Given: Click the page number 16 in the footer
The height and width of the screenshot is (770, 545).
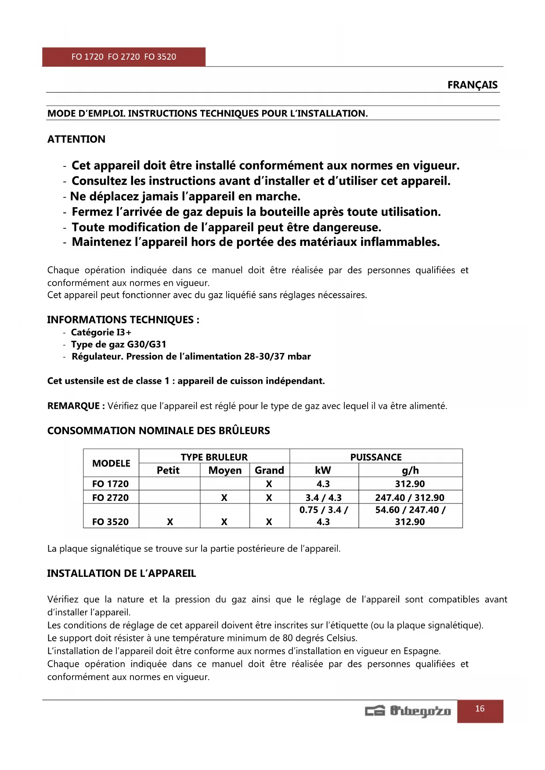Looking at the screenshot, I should pyautogui.click(x=480, y=709).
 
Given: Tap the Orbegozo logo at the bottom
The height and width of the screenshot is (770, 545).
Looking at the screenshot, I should pyautogui.click(x=408, y=711).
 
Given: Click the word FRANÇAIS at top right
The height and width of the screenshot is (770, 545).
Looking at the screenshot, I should pyautogui.click(x=473, y=85).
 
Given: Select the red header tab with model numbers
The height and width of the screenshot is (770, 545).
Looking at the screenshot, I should pyautogui.click(x=124, y=57).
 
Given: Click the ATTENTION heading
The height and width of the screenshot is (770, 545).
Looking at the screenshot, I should pyautogui.click(x=76, y=139).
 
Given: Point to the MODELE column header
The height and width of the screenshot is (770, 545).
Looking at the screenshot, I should pyautogui.click(x=111, y=464).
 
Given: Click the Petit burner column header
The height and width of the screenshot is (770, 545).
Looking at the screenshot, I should pyautogui.click(x=168, y=471).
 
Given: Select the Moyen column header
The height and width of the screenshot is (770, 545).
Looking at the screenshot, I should pyautogui.click(x=225, y=471).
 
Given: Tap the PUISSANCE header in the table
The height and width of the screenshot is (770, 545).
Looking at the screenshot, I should pyautogui.click(x=376, y=457).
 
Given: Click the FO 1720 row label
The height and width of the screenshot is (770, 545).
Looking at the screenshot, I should pyautogui.click(x=110, y=484).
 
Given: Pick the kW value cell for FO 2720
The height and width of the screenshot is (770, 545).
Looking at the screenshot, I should pyautogui.click(x=324, y=497).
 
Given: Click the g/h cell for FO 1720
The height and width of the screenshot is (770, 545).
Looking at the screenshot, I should pyautogui.click(x=410, y=484).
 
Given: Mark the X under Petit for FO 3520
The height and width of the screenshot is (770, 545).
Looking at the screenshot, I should pyautogui.click(x=170, y=522).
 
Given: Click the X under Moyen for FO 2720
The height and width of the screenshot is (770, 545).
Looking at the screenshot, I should pyautogui.click(x=224, y=497).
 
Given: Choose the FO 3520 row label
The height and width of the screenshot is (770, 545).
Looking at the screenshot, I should pyautogui.click(x=110, y=522).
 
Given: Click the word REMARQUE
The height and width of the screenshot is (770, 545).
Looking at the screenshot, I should pyautogui.click(x=73, y=406).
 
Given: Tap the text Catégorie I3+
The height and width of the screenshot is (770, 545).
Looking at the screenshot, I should pyautogui.click(x=101, y=332).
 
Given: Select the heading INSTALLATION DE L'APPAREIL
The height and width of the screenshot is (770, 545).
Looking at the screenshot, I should pyautogui.click(x=122, y=573).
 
